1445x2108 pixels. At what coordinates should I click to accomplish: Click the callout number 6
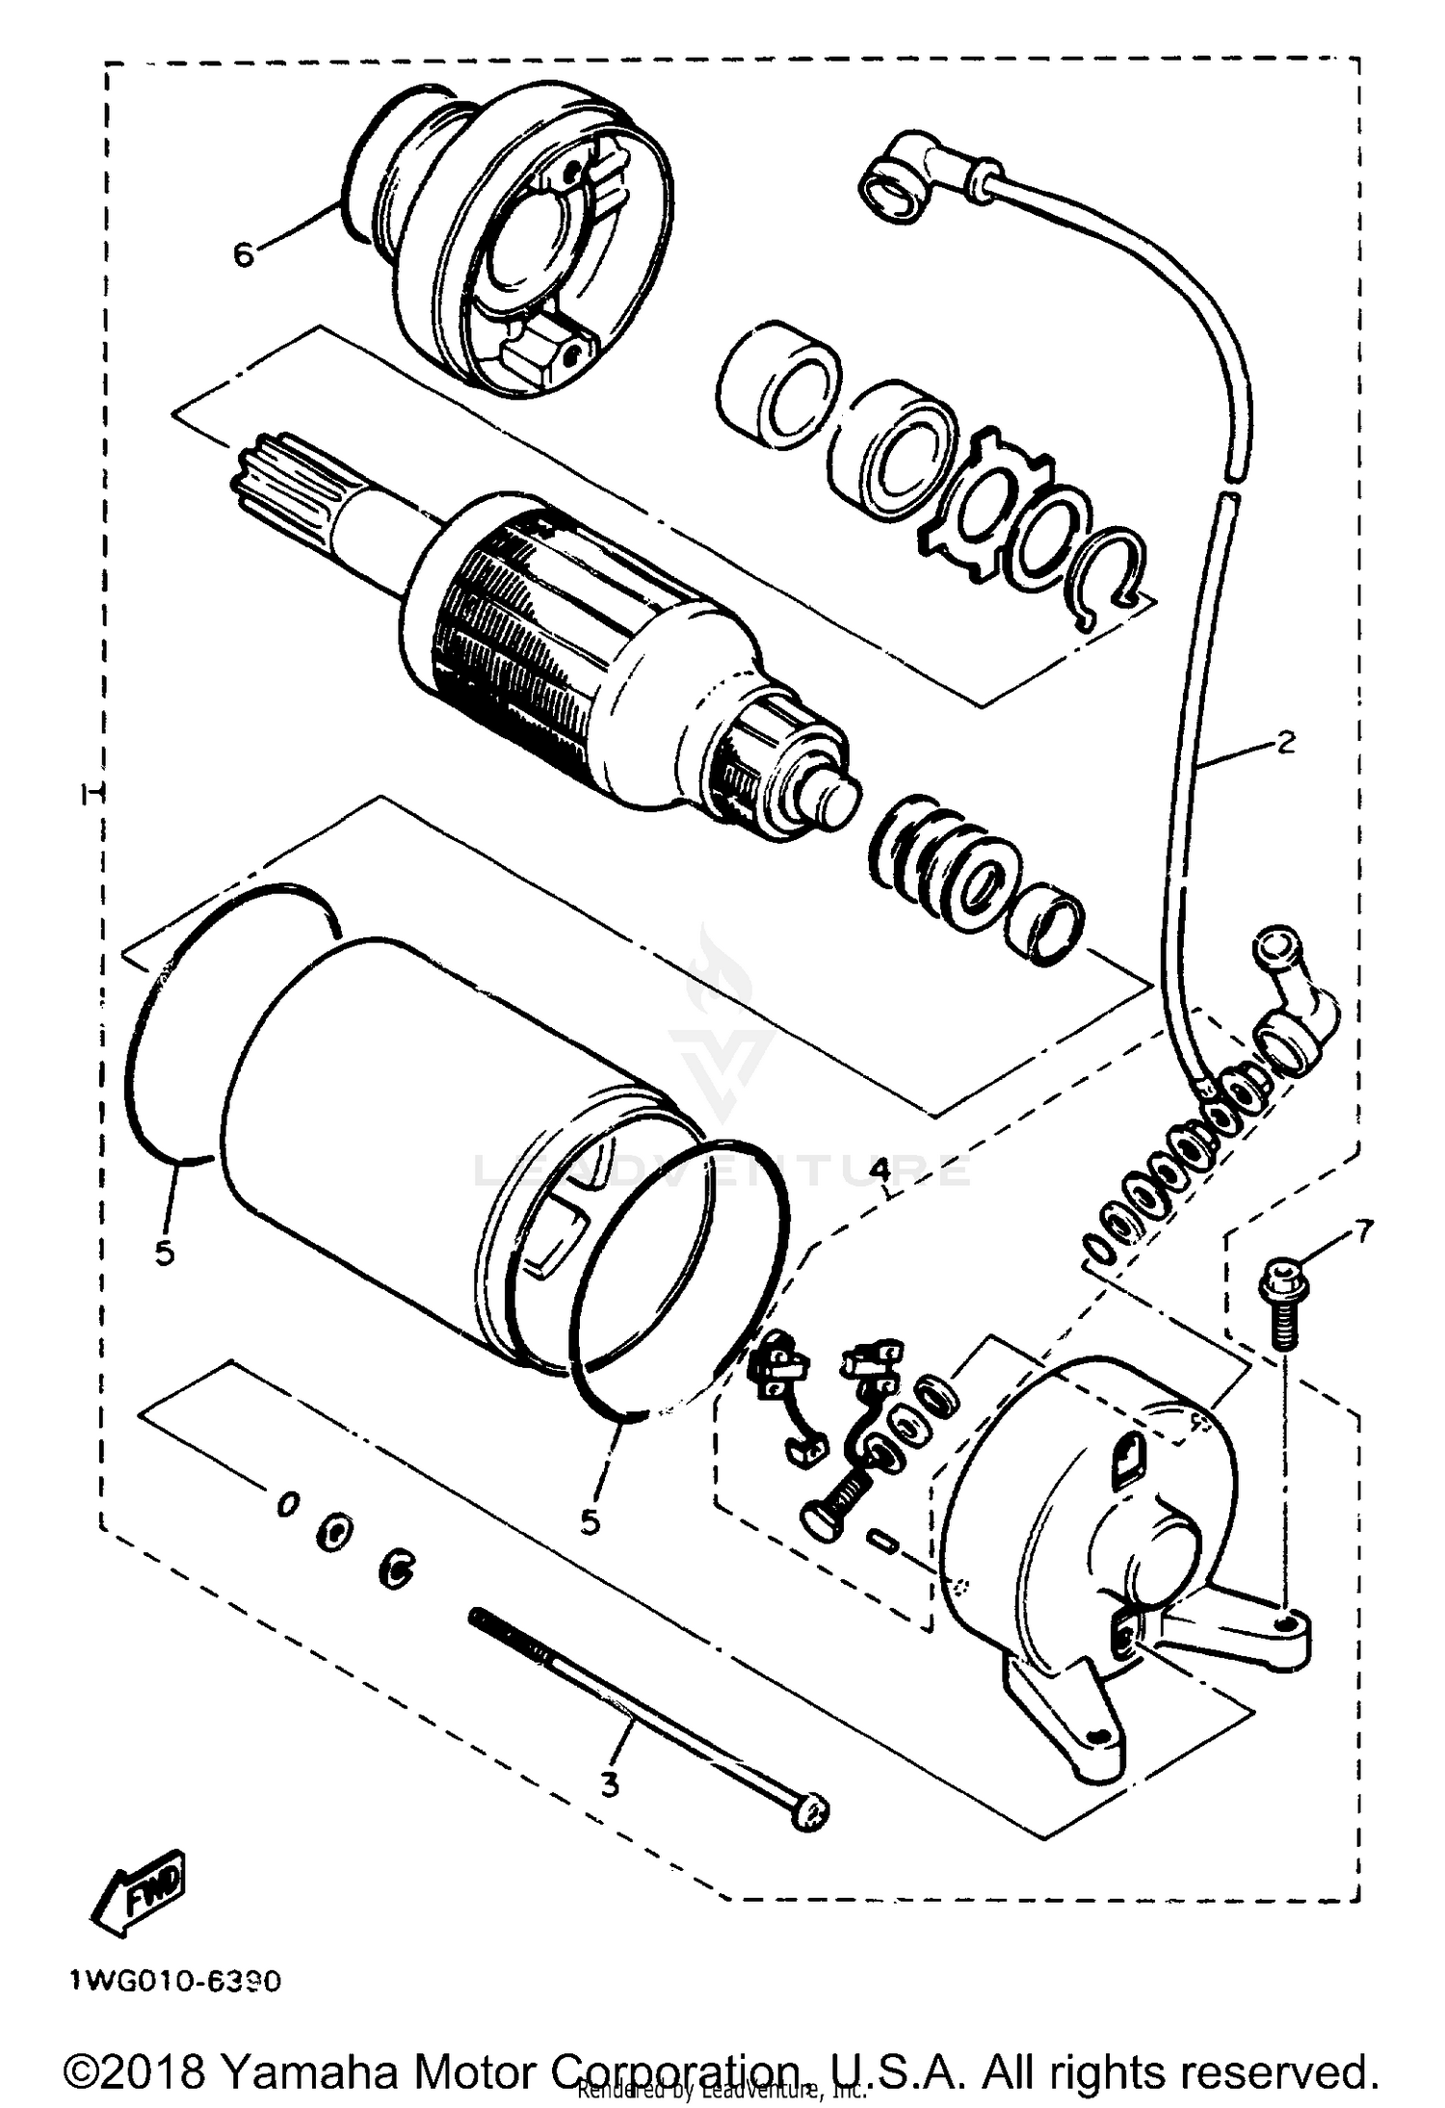point(244,255)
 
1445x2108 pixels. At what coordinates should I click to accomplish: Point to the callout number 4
point(879,1170)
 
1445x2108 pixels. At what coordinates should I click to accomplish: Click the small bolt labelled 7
point(1278,1307)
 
